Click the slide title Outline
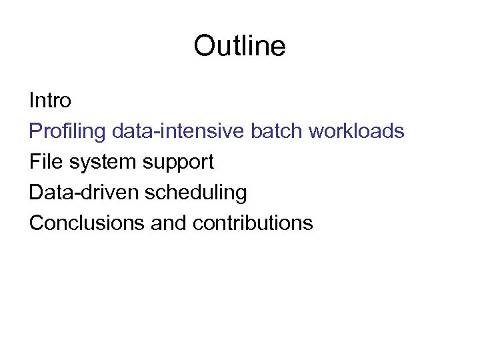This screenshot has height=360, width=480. point(239,46)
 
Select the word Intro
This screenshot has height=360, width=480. point(50,101)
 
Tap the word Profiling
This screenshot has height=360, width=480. point(67,131)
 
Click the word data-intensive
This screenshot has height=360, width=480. point(179,131)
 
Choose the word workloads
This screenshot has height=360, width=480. point(356,131)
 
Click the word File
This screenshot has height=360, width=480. point(44,162)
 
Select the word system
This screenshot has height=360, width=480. point(95,163)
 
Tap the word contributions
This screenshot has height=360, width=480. point(253,223)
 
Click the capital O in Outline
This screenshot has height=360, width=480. point(203,46)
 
